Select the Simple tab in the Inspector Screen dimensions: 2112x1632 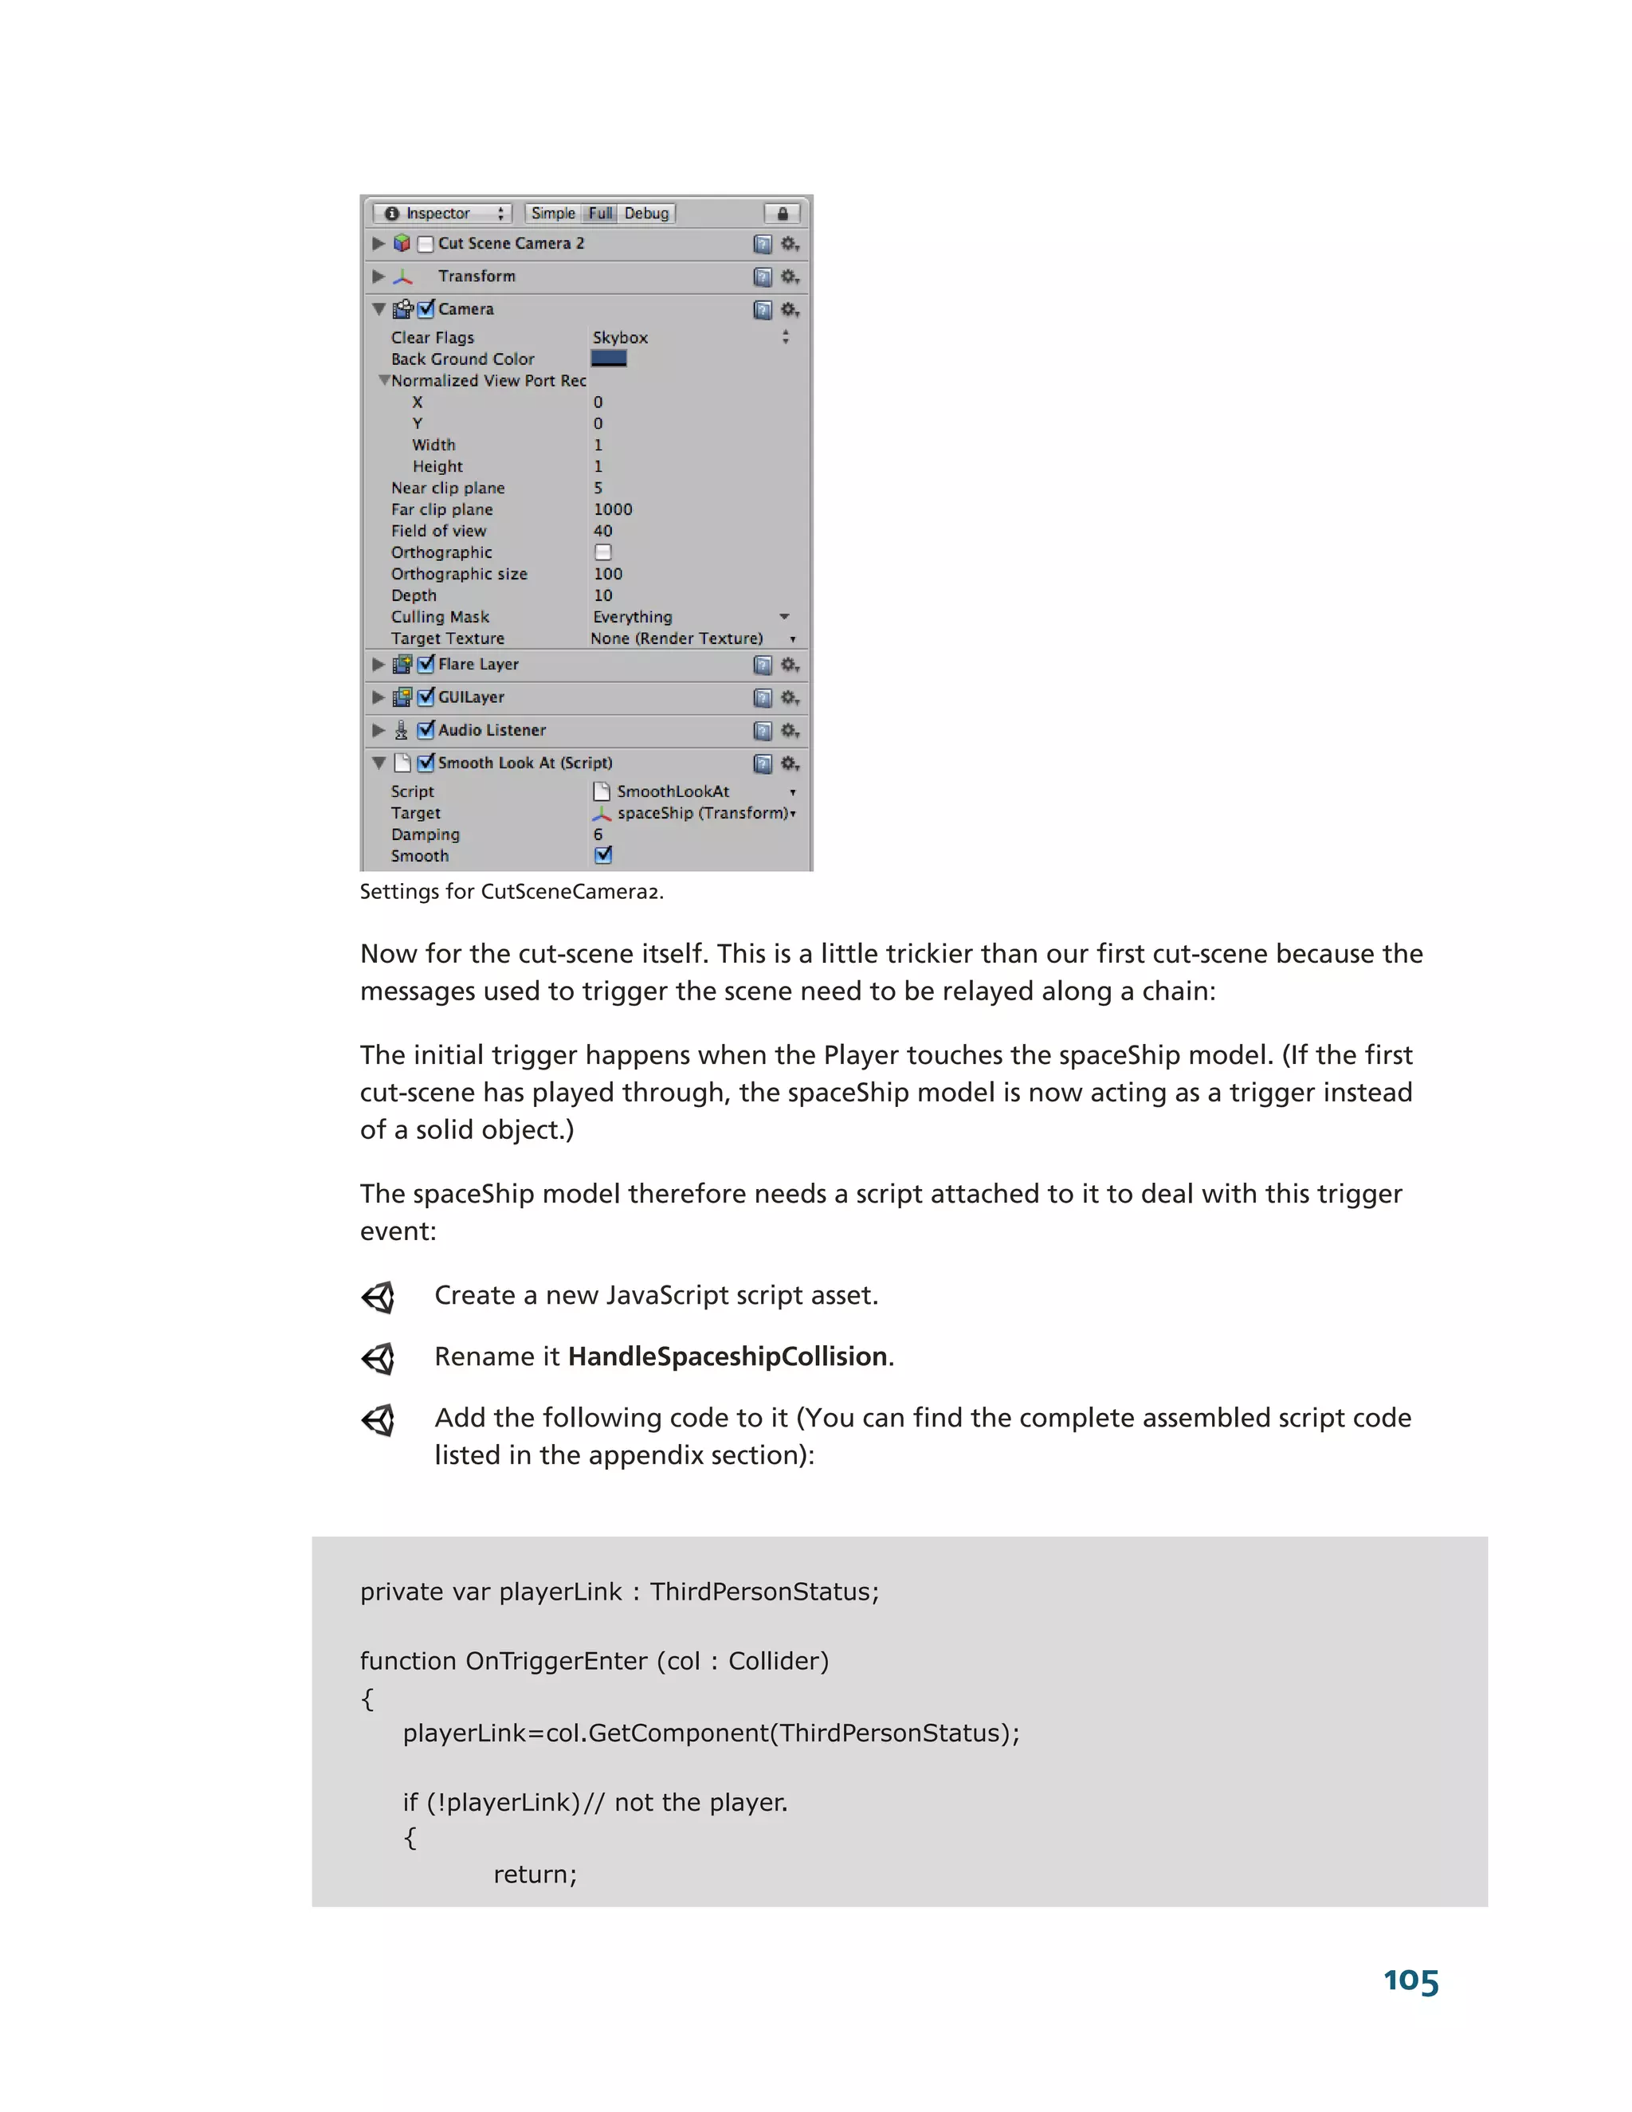[553, 213]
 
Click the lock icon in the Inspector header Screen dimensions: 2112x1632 [783, 213]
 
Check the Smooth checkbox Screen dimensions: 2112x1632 [603, 855]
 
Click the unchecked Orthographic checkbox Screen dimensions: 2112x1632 [603, 552]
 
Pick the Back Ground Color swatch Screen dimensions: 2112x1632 [608, 359]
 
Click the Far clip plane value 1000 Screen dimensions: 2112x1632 [613, 509]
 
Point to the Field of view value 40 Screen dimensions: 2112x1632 [603, 531]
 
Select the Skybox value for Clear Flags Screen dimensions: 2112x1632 [621, 337]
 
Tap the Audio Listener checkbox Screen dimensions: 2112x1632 [426, 730]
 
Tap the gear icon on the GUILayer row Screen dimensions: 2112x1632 [789, 697]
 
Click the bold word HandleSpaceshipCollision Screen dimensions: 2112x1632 [727, 1356]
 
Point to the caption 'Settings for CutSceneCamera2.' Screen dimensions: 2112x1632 [512, 892]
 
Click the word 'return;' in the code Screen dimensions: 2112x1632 [535, 1874]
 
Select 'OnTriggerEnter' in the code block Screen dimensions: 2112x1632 [556, 1662]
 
